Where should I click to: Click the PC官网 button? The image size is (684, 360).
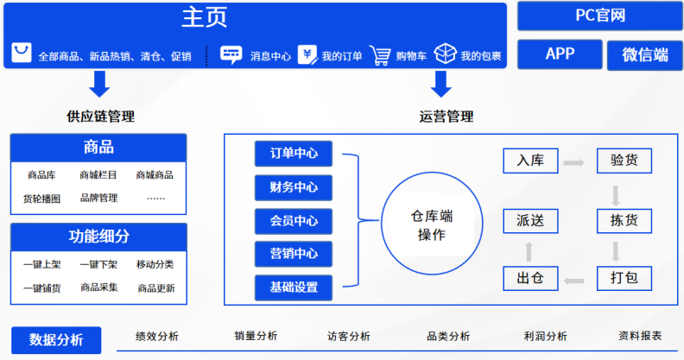pyautogui.click(x=600, y=16)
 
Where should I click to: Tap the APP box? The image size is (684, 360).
pyautogui.click(x=560, y=54)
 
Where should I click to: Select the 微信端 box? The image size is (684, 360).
pyautogui.click(x=645, y=55)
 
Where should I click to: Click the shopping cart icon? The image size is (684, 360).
pyautogui.click(x=380, y=55)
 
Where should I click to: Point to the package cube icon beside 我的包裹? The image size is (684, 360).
pyautogui.click(x=445, y=54)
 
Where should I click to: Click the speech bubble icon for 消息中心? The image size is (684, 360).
pyautogui.click(x=231, y=55)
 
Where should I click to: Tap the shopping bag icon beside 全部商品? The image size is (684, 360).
pyautogui.click(x=22, y=53)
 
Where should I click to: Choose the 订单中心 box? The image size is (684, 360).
pyautogui.click(x=293, y=154)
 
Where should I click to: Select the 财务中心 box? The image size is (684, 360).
pyautogui.click(x=293, y=187)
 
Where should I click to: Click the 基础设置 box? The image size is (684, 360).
pyautogui.click(x=293, y=287)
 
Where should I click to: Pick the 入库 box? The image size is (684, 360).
pyautogui.click(x=530, y=161)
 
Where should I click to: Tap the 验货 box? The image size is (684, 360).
pyautogui.click(x=624, y=161)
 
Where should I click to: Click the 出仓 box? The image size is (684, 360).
pyautogui.click(x=530, y=278)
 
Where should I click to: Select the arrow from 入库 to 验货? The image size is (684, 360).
pyautogui.click(x=573, y=163)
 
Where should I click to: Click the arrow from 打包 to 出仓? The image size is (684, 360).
pyautogui.click(x=573, y=281)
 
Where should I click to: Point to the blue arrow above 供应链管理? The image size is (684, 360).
pyautogui.click(x=99, y=84)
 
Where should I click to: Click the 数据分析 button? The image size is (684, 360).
pyautogui.click(x=56, y=340)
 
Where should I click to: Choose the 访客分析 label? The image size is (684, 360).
pyautogui.click(x=349, y=336)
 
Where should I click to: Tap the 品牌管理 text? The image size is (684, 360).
pyautogui.click(x=99, y=198)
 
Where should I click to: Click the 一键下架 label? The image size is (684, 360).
pyautogui.click(x=98, y=264)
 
